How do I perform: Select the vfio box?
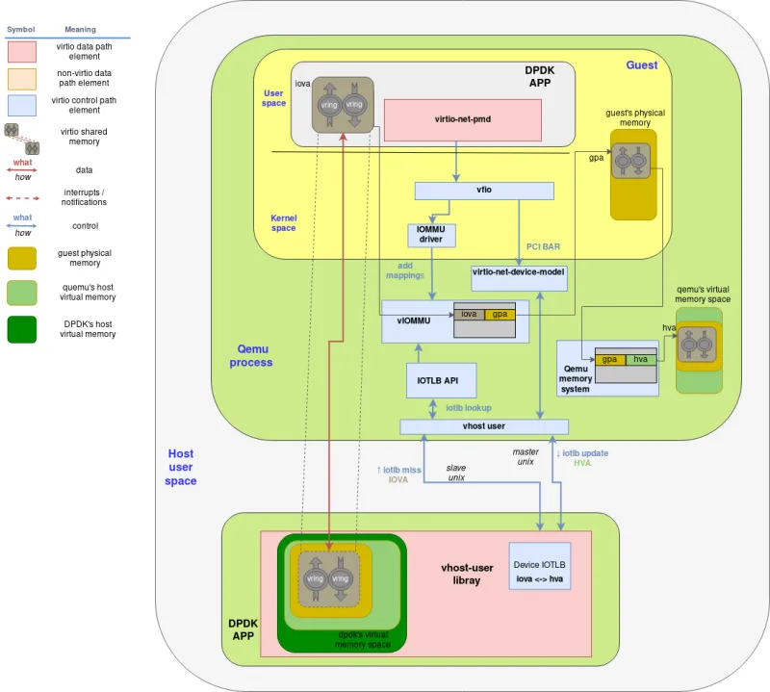[x=483, y=191]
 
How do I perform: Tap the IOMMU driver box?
[x=430, y=235]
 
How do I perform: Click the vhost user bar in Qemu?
[x=483, y=426]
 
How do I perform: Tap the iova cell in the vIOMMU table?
[x=469, y=314]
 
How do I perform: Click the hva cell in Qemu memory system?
[x=641, y=359]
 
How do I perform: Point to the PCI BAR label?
[x=543, y=247]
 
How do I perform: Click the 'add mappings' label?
[x=405, y=269]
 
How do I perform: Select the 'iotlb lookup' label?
[x=468, y=408]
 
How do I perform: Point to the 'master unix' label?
[x=525, y=456]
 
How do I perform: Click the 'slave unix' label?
[x=455, y=473]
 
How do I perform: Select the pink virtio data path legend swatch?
[x=21, y=51]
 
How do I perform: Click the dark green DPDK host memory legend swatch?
[x=21, y=328]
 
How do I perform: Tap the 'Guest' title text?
[x=642, y=65]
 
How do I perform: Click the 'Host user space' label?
[x=181, y=467]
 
